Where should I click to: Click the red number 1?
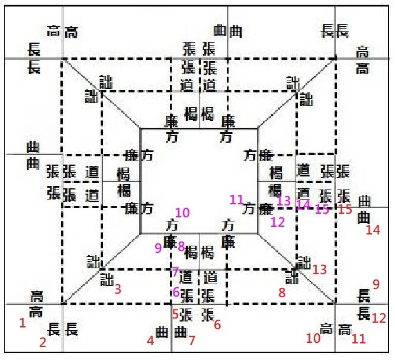click(23, 323)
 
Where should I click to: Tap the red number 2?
click(43, 342)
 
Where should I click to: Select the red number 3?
click(118, 290)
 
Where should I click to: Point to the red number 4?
click(150, 340)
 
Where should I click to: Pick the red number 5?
click(175, 314)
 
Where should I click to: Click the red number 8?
click(282, 292)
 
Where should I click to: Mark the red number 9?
click(375, 284)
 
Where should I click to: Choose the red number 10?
click(313, 338)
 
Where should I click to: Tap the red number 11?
click(358, 340)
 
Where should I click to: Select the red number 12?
click(379, 318)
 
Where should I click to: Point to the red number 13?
click(320, 270)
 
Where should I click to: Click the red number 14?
click(372, 230)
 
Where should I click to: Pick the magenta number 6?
click(176, 292)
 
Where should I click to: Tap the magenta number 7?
click(175, 272)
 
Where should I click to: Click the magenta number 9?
click(158, 247)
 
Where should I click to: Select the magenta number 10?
click(182, 213)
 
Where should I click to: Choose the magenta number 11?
click(237, 200)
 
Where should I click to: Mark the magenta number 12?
click(278, 223)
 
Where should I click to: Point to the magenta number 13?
click(284, 200)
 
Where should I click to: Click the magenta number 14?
click(303, 205)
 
